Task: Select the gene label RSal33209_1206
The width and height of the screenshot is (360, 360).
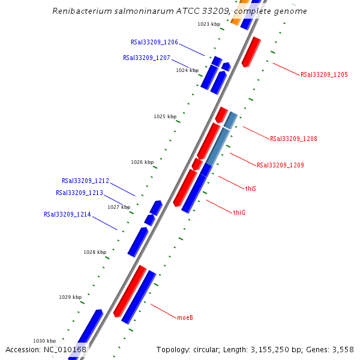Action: click(154, 43)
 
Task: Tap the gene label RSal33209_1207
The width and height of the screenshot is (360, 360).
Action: click(146, 58)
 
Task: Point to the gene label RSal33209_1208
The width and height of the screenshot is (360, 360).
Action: click(293, 139)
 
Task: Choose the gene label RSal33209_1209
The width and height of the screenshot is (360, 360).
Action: click(280, 165)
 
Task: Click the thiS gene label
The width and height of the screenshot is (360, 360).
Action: click(250, 188)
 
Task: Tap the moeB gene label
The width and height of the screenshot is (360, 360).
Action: click(185, 317)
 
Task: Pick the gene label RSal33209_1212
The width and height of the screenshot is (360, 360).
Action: click(85, 181)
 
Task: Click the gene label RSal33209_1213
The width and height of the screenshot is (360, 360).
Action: click(79, 193)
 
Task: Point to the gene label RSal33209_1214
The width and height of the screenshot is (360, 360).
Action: click(67, 214)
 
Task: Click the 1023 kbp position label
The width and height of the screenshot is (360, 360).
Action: click(208, 24)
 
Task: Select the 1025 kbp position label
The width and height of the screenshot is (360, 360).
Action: click(165, 116)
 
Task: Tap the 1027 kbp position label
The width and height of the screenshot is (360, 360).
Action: click(119, 207)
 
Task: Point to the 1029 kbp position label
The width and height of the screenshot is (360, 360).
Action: click(70, 297)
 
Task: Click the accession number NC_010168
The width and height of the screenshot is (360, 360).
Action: click(64, 350)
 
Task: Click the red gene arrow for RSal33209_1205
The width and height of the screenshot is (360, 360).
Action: click(251, 52)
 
